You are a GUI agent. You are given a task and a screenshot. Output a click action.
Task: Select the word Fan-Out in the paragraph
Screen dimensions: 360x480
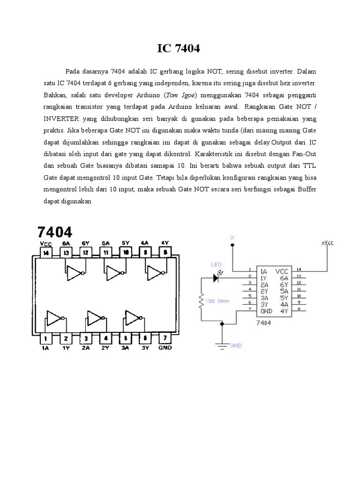pos(304,155)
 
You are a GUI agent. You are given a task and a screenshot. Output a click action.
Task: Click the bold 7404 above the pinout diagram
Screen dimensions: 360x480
pos(55,232)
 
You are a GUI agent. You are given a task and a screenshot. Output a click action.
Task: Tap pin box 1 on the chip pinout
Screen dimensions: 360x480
pos(46,338)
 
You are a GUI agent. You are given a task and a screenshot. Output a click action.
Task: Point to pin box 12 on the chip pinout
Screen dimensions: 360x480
pos(85,253)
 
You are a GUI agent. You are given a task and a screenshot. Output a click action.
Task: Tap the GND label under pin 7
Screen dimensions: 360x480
pos(165,348)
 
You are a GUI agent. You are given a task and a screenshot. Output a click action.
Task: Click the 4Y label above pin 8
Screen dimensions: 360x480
pos(165,243)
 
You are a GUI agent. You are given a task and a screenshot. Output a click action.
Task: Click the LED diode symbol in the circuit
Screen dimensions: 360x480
pos(217,278)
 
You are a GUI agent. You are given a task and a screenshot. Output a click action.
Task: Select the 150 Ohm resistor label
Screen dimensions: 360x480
pos(218,302)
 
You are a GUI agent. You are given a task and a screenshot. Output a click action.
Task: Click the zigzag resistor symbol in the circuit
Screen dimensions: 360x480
pos(201,302)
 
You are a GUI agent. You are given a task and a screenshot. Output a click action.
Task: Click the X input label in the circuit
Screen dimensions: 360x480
pos(232,238)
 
